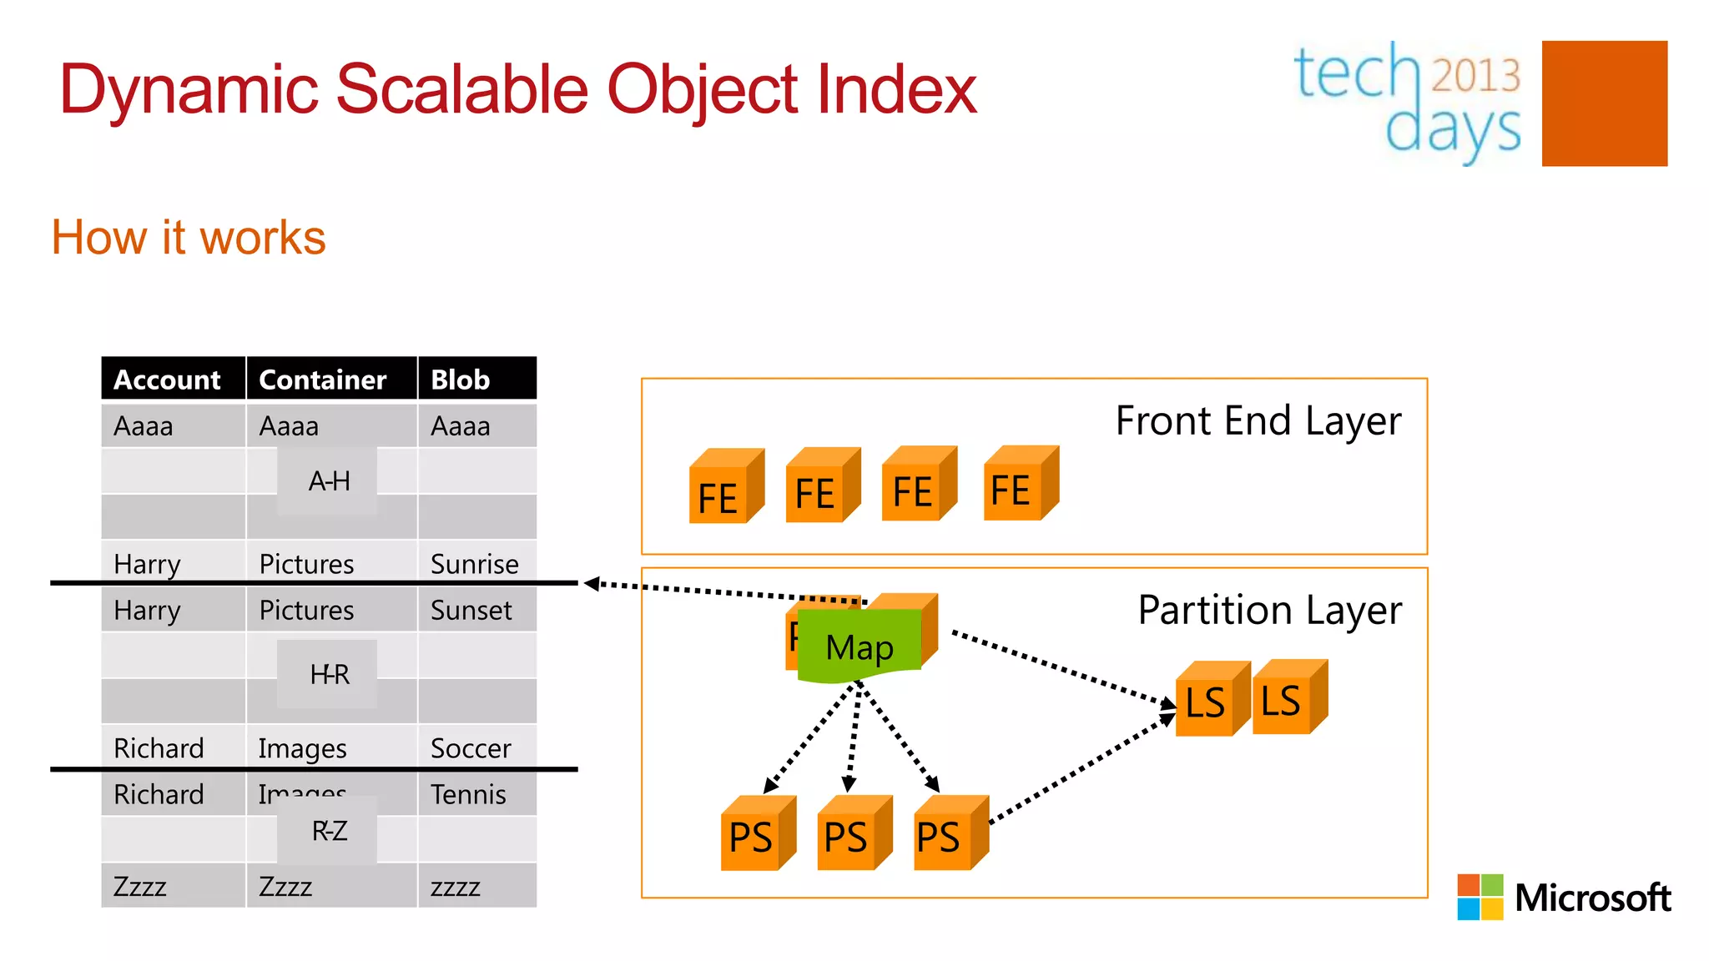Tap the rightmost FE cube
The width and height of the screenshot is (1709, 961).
coord(1019,485)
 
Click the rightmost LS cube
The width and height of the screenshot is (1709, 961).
coord(1288,699)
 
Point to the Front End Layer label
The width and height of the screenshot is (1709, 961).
coord(1258,421)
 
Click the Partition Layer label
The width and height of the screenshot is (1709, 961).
coord(1269,611)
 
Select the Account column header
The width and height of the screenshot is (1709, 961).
coord(167,380)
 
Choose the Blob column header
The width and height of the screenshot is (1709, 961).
coord(461,380)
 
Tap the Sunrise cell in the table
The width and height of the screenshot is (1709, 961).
coord(474,564)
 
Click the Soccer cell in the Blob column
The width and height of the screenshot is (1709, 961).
coord(471,748)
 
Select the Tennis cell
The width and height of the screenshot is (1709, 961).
coord(468,794)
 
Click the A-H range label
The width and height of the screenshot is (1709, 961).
coord(328,481)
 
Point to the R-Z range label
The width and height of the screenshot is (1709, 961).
coord(328,831)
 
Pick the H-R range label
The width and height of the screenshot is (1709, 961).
coord(328,674)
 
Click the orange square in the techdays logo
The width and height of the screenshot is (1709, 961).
coord(1604,103)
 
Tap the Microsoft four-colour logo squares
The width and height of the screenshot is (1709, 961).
coord(1480,897)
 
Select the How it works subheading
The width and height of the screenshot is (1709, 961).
coord(189,238)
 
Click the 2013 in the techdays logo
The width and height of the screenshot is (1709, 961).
coord(1475,75)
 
